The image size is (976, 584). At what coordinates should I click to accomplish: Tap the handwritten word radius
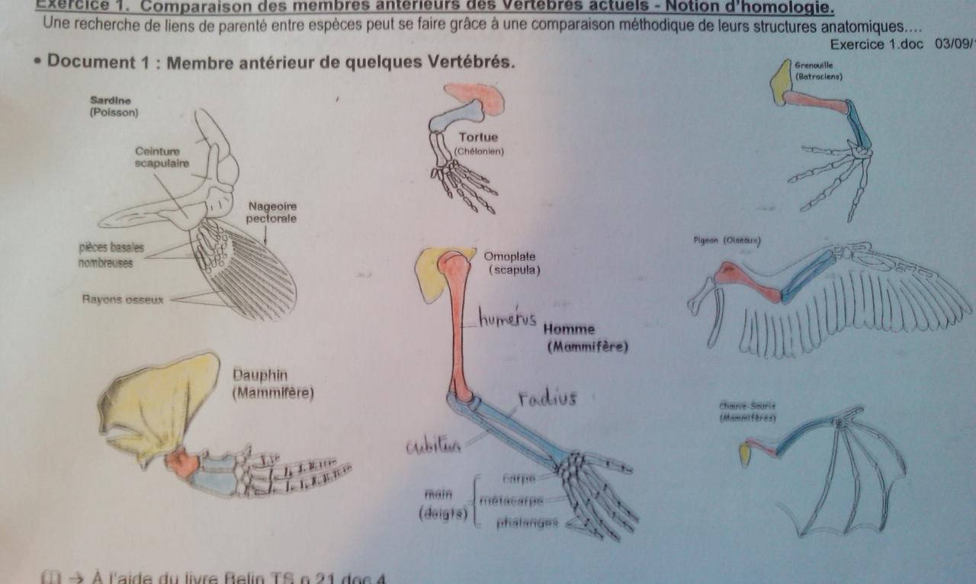[x=547, y=398]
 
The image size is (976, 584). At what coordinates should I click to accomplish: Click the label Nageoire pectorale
[x=271, y=212]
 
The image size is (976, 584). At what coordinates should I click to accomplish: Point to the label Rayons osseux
[x=123, y=300]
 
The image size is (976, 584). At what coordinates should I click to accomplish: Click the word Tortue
[x=478, y=137]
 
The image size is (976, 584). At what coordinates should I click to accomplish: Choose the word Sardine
[x=111, y=100]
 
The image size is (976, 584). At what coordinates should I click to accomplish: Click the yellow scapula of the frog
[x=782, y=81]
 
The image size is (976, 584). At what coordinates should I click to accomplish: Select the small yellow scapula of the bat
[x=745, y=454]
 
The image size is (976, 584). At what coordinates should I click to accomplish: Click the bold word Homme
[x=569, y=329]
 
